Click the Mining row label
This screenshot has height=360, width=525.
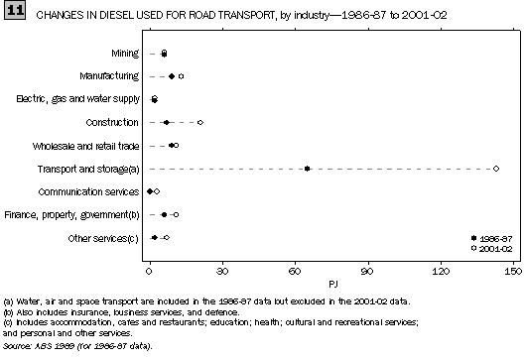125,53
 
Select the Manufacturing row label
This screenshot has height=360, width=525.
113,76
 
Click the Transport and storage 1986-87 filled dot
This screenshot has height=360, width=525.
308,169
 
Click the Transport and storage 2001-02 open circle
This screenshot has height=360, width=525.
496,169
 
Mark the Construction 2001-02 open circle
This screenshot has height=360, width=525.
200,122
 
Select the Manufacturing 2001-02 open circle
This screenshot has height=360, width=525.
181,76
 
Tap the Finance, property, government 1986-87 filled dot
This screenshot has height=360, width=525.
165,214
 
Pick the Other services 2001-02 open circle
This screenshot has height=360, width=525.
167,238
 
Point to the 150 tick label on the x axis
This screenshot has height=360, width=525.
512,269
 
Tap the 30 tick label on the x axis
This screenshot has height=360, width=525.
221,269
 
